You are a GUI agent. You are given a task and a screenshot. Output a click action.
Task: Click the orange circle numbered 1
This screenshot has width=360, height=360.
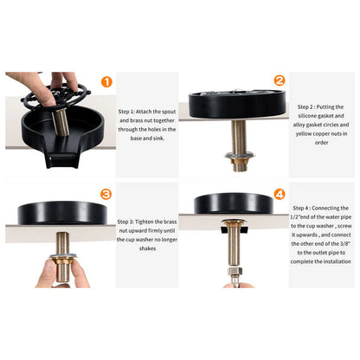(x=106, y=82)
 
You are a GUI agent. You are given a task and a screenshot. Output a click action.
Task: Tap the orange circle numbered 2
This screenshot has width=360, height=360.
(x=280, y=81)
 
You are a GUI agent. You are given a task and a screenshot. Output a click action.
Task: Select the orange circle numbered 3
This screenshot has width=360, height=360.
(x=106, y=195)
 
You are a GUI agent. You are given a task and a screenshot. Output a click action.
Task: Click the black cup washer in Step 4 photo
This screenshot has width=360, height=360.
(x=234, y=204)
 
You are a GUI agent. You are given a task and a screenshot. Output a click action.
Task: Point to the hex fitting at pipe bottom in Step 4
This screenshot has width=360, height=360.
(x=234, y=279)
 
